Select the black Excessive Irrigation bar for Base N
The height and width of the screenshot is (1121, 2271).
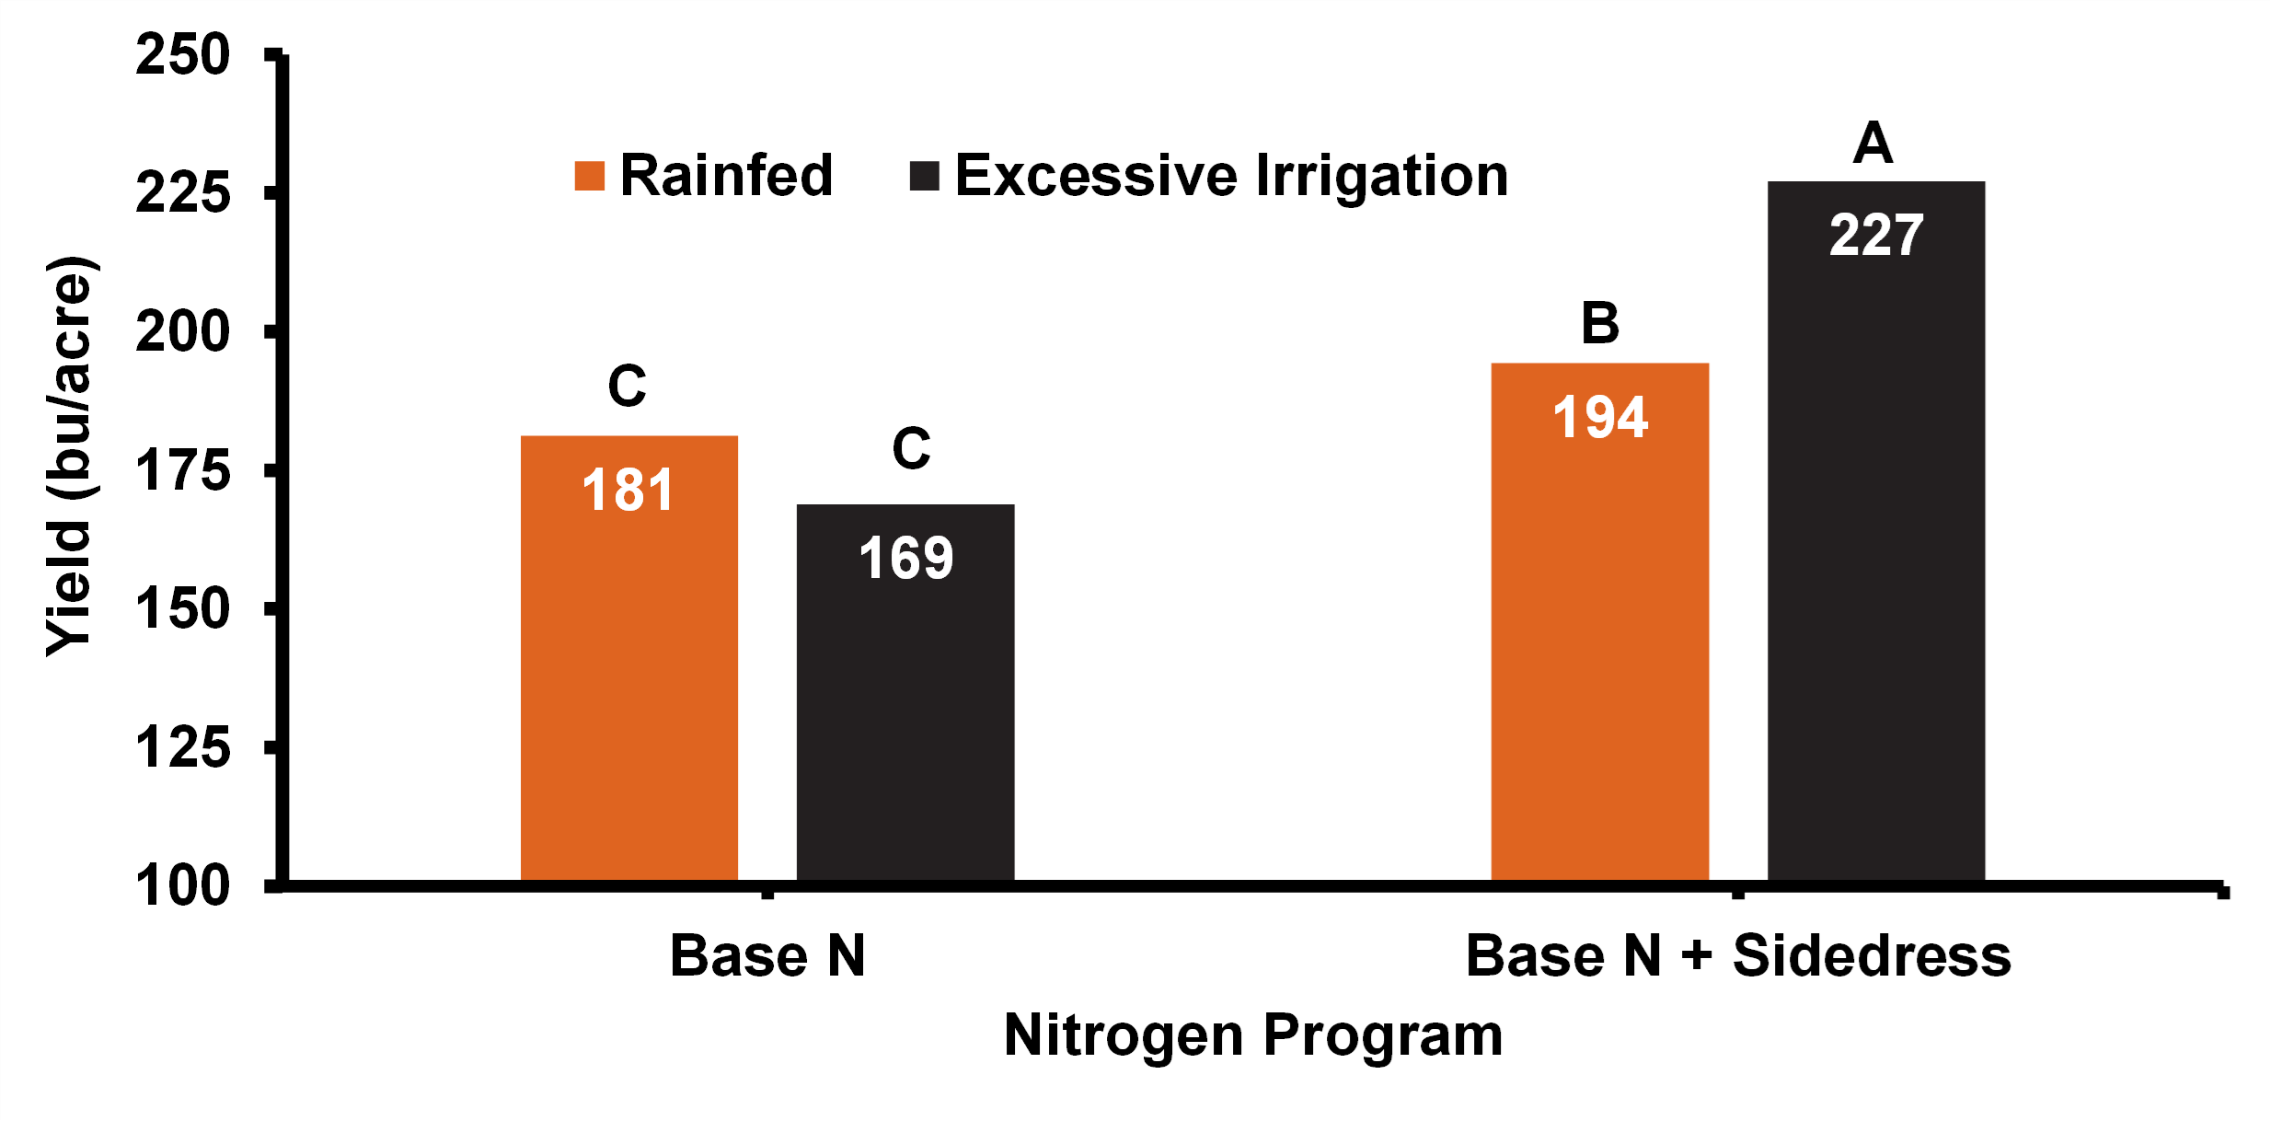[905, 727]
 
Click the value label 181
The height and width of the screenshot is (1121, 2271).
[628, 490]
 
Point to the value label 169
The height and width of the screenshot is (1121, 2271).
[905, 558]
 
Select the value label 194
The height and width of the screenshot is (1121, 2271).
[1599, 417]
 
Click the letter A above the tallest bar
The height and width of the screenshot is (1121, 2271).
[1873, 144]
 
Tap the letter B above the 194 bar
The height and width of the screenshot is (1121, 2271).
[1599, 323]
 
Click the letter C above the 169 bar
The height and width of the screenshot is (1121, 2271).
[911, 448]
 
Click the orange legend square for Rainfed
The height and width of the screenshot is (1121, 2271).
[589, 176]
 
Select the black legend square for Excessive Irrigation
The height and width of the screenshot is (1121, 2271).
[924, 176]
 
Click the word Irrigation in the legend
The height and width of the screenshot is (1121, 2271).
[1381, 176]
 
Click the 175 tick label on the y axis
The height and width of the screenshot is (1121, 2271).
[182, 471]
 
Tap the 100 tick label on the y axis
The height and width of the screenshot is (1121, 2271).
[182, 886]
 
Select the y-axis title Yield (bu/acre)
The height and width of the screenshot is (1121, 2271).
[70, 456]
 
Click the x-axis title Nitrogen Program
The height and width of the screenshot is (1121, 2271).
[1252, 1034]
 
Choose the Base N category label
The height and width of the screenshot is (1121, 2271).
[767, 955]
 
